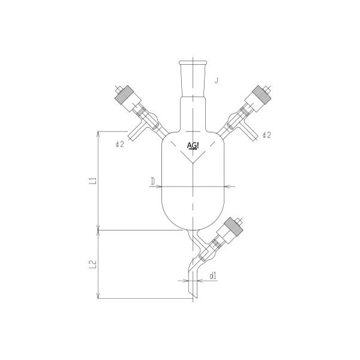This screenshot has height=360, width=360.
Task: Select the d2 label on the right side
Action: (267, 136)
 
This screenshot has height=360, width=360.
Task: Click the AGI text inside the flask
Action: (194, 146)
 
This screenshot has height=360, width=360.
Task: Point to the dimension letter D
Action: (154, 179)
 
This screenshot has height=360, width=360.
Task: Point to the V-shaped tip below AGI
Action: (193, 164)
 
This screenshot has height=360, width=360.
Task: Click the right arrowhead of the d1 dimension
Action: (199, 279)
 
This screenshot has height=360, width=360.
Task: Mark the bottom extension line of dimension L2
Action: (144, 298)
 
